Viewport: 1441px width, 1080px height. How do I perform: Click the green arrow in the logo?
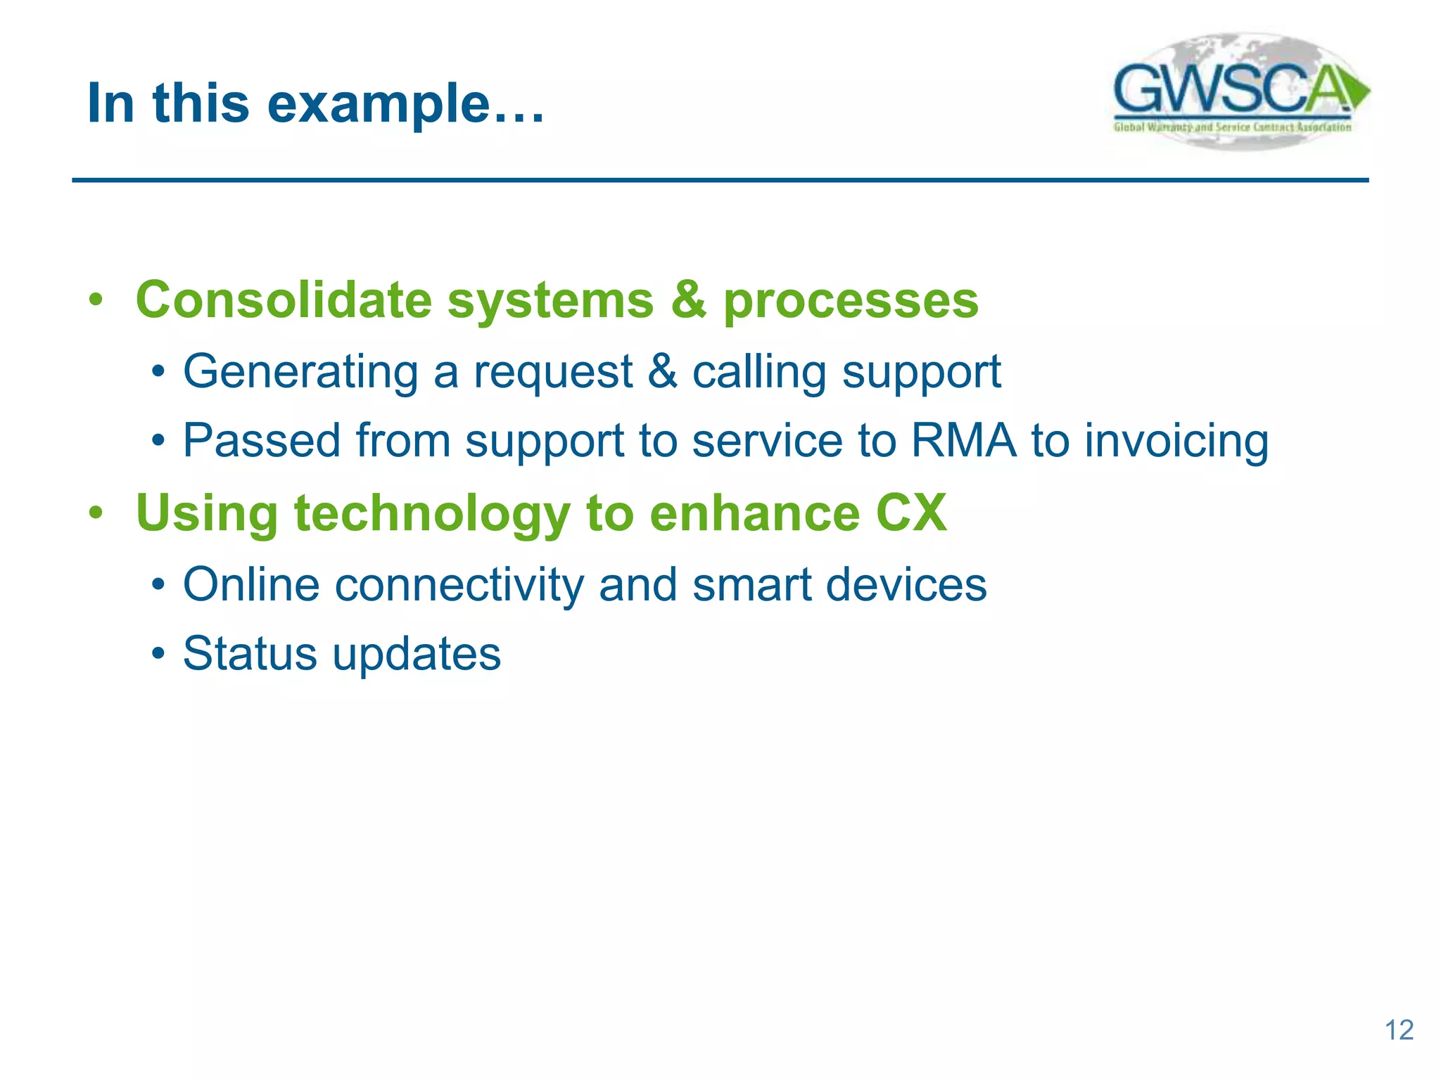point(1358,91)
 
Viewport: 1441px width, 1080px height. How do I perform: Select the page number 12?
point(1399,1030)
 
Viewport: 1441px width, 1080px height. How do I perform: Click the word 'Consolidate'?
point(283,300)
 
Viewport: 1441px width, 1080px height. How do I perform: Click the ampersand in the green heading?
point(688,300)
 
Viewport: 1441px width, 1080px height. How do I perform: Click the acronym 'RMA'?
point(963,441)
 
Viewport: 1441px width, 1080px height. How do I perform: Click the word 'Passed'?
point(262,441)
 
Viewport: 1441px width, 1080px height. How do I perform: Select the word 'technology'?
point(431,514)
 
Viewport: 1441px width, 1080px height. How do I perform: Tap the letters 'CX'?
point(911,513)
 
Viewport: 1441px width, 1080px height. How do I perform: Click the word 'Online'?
point(251,584)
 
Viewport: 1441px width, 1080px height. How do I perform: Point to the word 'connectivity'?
point(459,586)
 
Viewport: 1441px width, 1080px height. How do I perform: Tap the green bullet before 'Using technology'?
point(96,513)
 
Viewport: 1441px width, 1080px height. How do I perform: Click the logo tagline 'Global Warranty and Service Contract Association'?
point(1232,127)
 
